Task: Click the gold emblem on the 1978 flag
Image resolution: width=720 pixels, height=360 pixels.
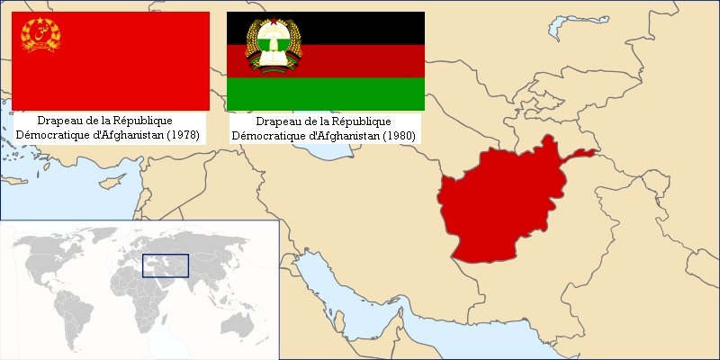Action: [40, 35]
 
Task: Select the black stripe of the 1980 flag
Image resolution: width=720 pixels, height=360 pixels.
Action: [360, 27]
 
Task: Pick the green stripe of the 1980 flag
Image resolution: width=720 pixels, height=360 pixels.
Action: [360, 93]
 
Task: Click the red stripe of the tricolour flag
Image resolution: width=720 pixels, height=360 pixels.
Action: [360, 60]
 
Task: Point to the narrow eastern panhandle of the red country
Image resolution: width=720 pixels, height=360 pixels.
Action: [580, 154]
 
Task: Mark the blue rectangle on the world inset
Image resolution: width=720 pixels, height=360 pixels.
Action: [166, 265]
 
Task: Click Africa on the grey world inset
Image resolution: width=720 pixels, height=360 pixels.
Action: [135, 288]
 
